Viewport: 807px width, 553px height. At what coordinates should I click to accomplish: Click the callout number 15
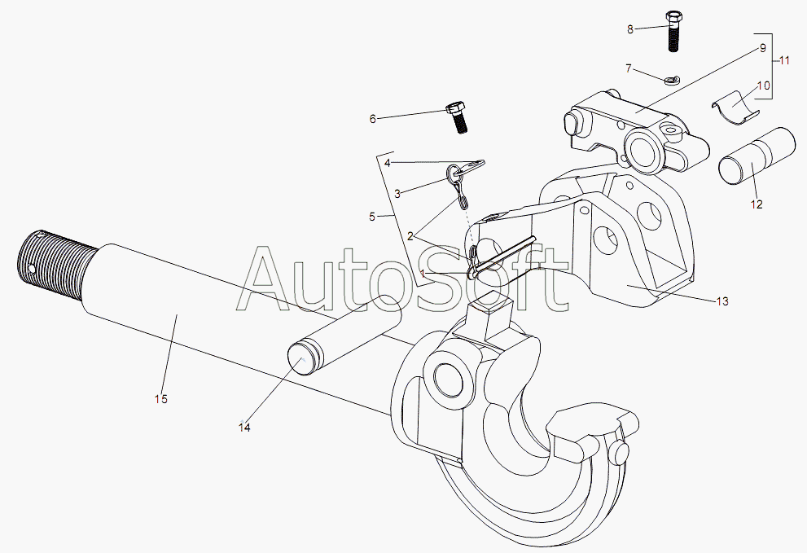click(x=161, y=399)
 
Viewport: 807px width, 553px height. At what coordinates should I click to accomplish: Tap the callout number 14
click(x=244, y=427)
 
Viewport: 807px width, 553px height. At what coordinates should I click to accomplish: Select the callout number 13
click(x=721, y=301)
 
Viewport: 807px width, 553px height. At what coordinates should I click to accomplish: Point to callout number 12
click(x=757, y=204)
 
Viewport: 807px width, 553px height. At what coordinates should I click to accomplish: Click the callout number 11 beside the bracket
click(x=783, y=60)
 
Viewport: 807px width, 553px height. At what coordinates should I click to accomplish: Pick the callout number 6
click(x=373, y=119)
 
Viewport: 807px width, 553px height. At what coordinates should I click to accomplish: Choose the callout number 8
click(x=629, y=29)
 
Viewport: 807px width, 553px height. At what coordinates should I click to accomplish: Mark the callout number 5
click(x=372, y=217)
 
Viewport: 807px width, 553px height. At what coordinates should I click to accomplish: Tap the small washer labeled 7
click(x=672, y=80)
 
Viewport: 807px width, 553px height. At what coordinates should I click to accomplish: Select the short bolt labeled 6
click(x=457, y=117)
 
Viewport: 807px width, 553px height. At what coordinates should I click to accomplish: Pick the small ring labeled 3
click(x=454, y=171)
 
